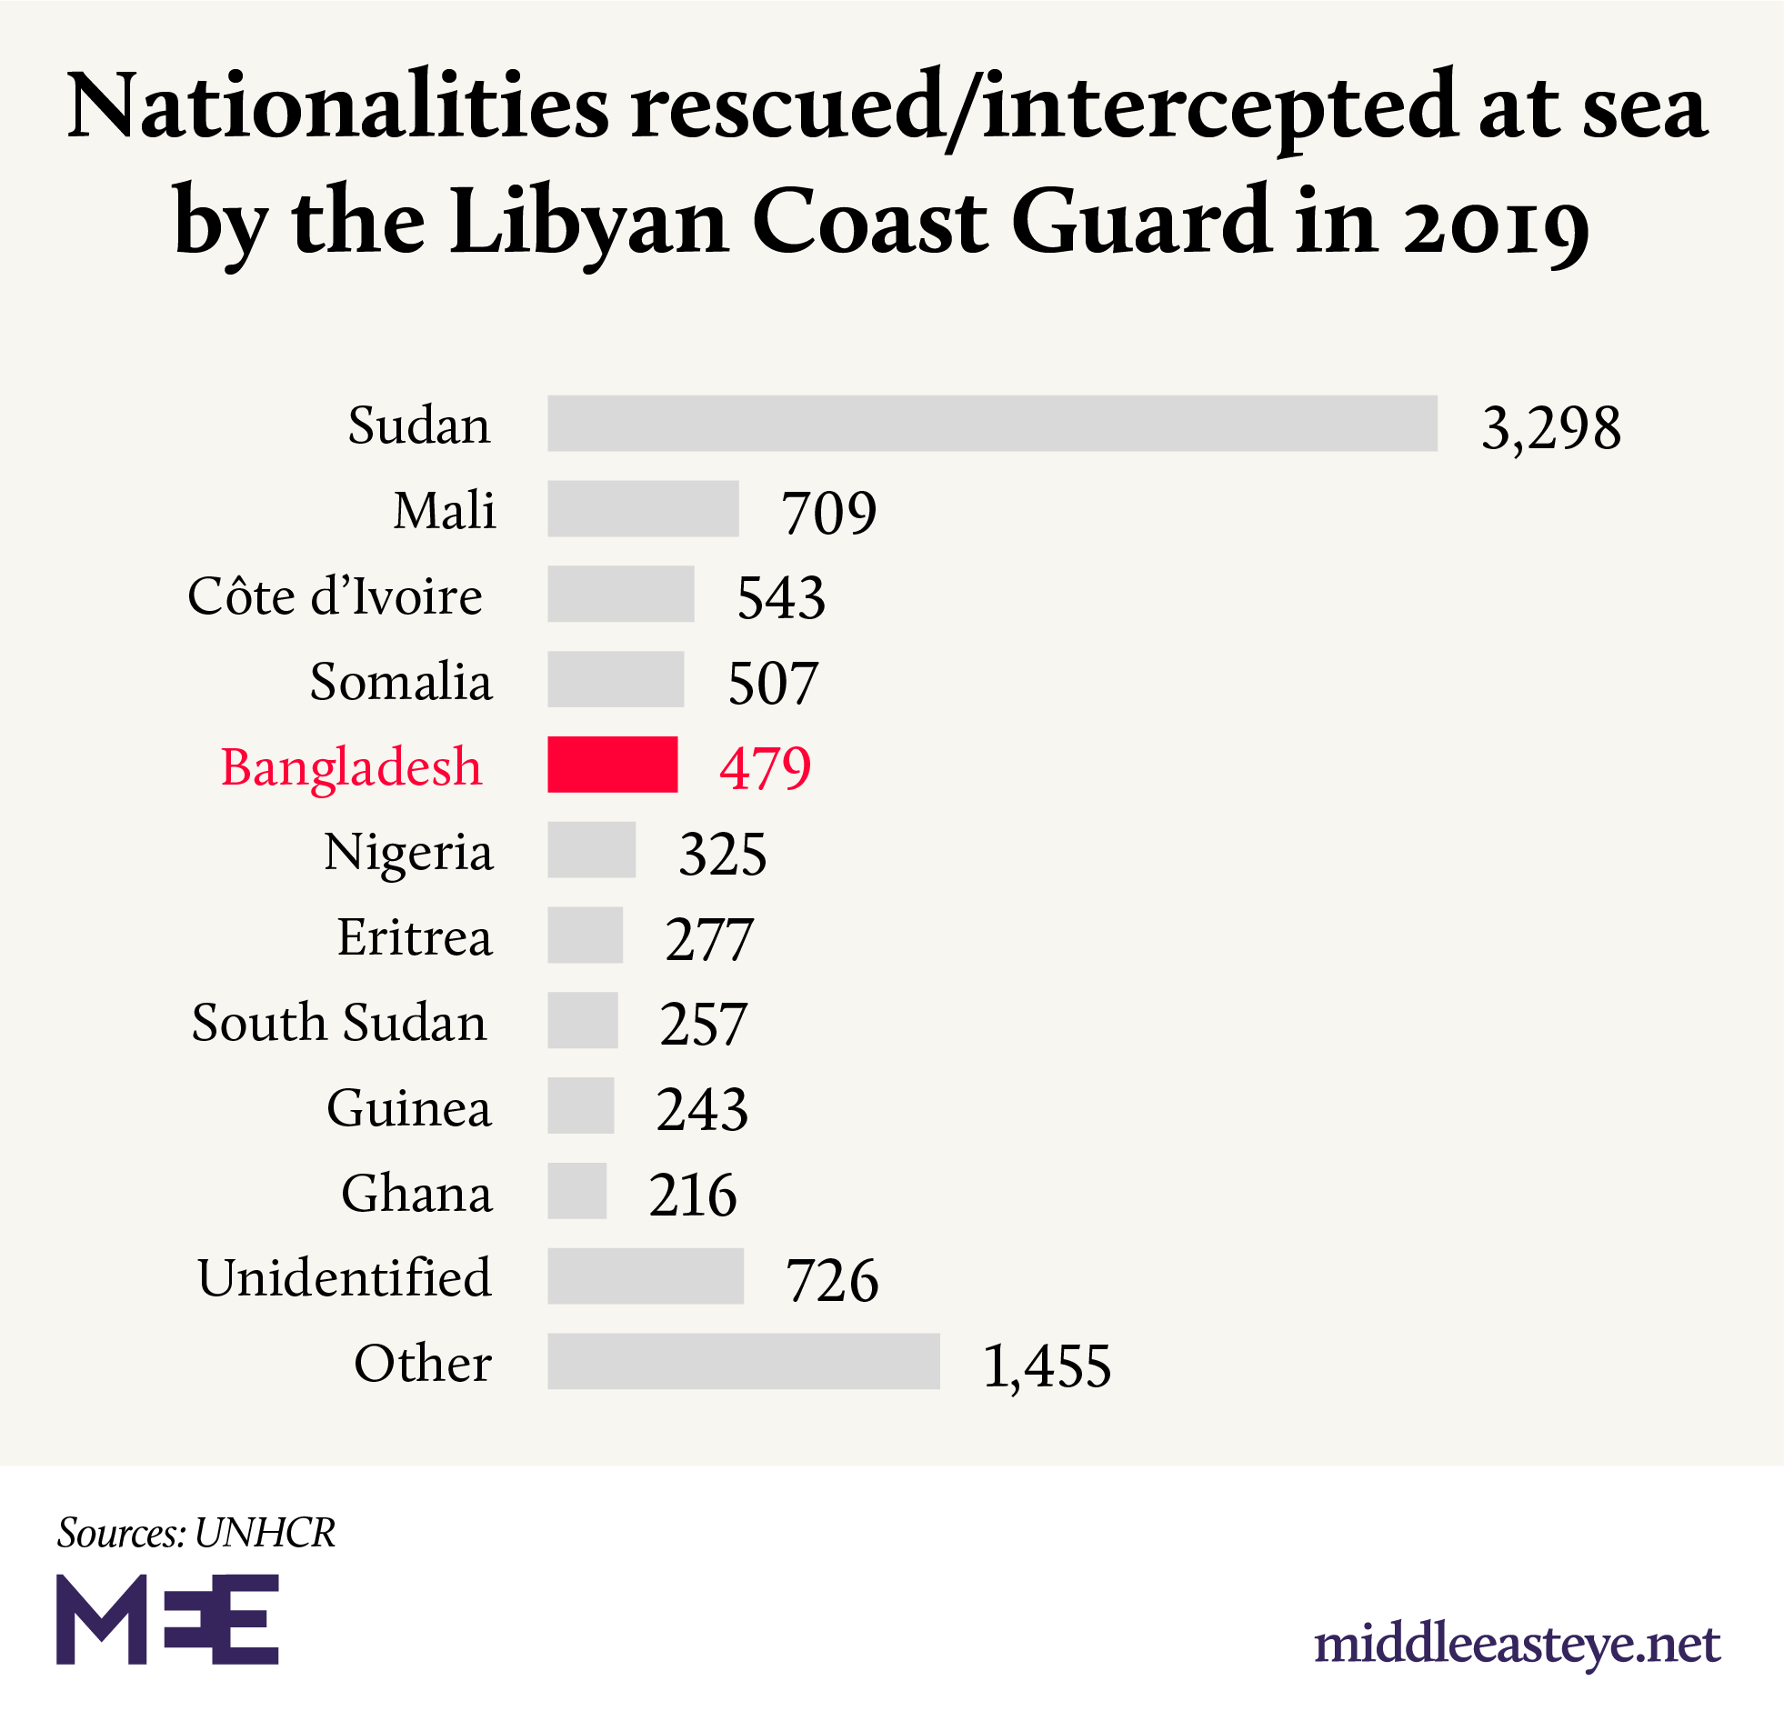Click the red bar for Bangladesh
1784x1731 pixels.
(x=612, y=764)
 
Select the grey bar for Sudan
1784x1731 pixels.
(x=992, y=423)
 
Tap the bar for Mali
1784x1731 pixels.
(x=643, y=509)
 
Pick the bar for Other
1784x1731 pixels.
(x=743, y=1361)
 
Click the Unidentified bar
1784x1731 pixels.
(x=646, y=1275)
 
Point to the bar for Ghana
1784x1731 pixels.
(x=577, y=1190)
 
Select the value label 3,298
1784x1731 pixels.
(x=1551, y=426)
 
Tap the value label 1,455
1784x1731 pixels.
(x=1047, y=1366)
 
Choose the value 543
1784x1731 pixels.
(x=781, y=598)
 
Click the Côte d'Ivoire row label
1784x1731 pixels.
(x=335, y=596)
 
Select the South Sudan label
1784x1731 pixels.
(x=338, y=1022)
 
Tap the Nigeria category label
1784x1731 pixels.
(x=408, y=852)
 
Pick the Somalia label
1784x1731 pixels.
(x=400, y=682)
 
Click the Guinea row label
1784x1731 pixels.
(x=408, y=1107)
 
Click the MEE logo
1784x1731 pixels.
(x=167, y=1619)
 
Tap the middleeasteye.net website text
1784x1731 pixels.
(x=1517, y=1644)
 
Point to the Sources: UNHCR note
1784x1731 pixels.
(x=196, y=1533)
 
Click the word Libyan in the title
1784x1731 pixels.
(x=589, y=220)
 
